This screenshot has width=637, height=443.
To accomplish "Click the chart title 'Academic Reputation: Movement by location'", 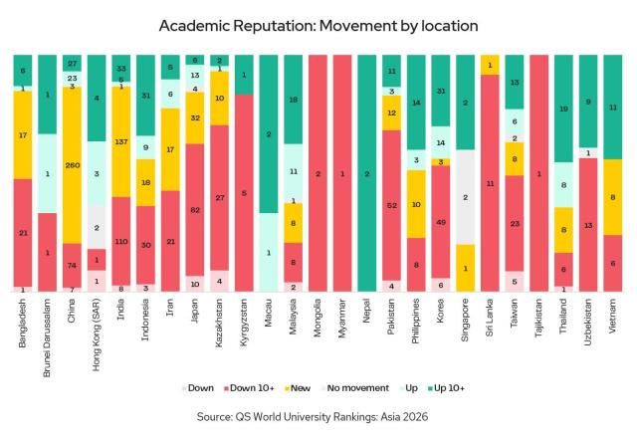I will click(x=318, y=24).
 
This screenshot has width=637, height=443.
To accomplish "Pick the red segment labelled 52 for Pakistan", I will click(x=393, y=204).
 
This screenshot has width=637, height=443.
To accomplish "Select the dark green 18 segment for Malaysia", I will click(x=294, y=100).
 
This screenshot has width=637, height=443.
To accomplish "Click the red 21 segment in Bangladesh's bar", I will click(x=23, y=233).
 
